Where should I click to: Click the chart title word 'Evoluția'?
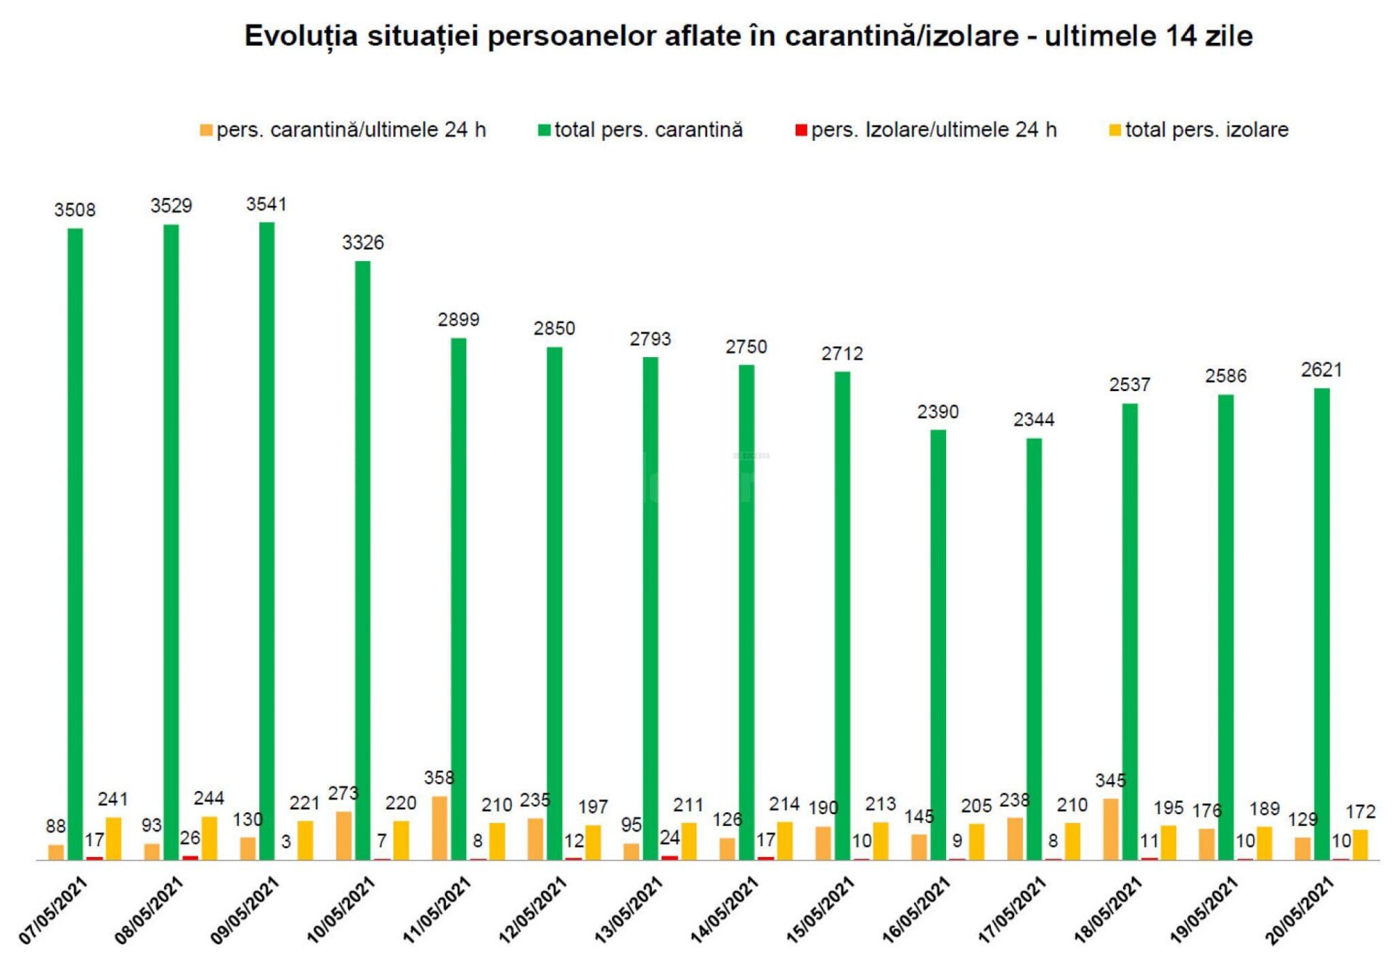tap(301, 36)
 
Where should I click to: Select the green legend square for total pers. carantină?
tap(544, 131)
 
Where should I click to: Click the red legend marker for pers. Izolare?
tap(801, 131)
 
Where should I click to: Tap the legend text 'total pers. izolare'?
tap(1207, 130)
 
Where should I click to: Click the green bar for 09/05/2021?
tap(266, 541)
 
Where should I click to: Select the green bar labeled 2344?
tap(1034, 649)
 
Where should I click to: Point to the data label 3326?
tap(362, 242)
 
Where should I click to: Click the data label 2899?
tap(458, 319)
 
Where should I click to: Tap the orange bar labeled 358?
tap(439, 828)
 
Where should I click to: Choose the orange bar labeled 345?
tap(1111, 829)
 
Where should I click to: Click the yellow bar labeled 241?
tap(113, 839)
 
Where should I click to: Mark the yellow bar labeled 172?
tap(1360, 845)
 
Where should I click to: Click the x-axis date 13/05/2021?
tap(629, 909)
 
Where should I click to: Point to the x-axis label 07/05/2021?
tap(53, 910)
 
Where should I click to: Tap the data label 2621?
tap(1321, 370)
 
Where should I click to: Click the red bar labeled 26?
tap(190, 858)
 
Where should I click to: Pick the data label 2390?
tap(938, 412)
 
